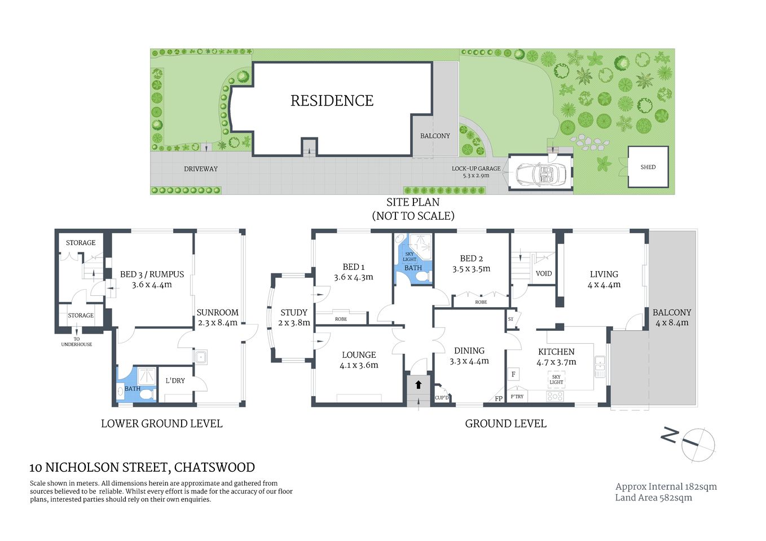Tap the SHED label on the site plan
tap(648, 167)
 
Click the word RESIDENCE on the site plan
tap(332, 101)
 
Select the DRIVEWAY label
tap(200, 169)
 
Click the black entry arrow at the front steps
tap(418, 385)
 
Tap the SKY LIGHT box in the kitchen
tap(556, 379)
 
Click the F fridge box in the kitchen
tap(513, 374)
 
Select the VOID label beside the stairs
tap(544, 274)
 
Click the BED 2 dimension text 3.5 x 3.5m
tap(471, 269)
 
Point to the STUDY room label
tap(294, 312)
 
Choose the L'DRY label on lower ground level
tap(175, 381)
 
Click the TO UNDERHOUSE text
tap(77, 342)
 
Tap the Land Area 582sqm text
tap(653, 498)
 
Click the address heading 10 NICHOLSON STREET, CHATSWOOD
tap(142, 467)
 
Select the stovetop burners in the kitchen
tap(555, 396)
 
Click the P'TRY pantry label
tap(517, 397)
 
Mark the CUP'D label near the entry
tap(442, 398)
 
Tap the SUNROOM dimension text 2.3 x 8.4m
tap(217, 323)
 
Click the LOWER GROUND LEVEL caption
tap(161, 424)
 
